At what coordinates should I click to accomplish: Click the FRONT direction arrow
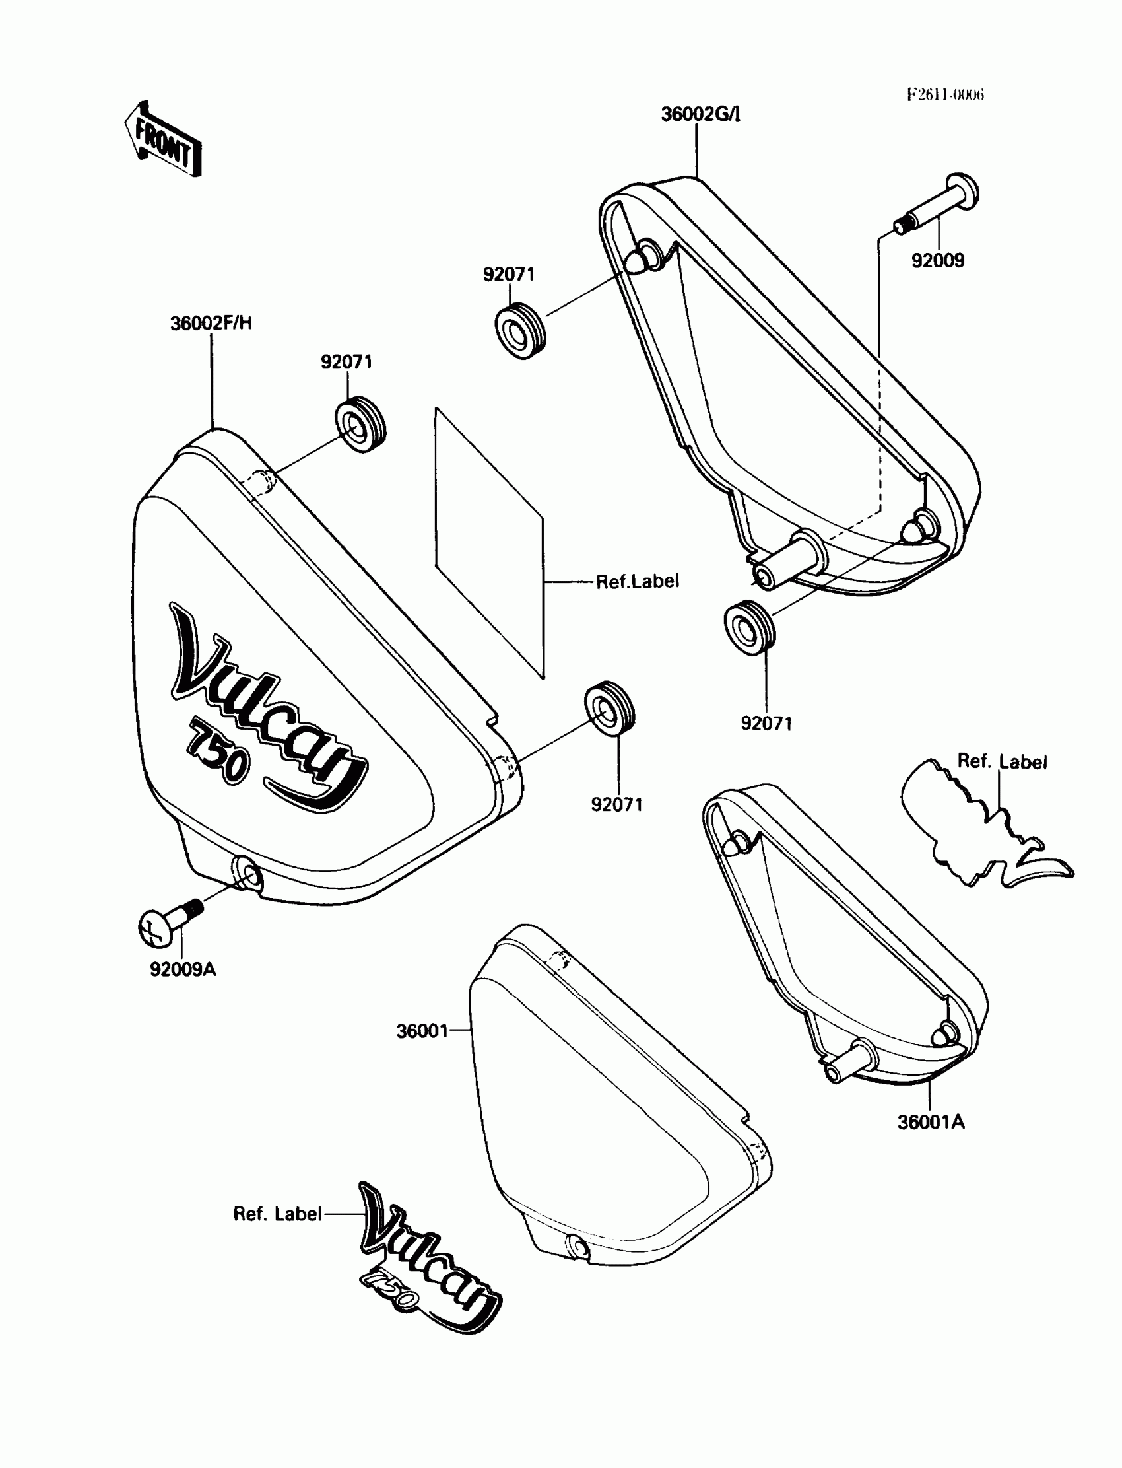[163, 139]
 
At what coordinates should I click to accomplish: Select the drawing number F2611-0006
[945, 94]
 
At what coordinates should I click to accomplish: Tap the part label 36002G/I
[700, 114]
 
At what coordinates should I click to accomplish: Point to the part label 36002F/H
[211, 324]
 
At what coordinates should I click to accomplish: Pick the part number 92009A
[182, 969]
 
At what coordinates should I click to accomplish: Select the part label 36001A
[931, 1122]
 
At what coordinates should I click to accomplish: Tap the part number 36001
[422, 1031]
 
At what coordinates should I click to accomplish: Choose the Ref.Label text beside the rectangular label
[637, 582]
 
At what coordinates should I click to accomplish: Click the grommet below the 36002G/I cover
[749, 627]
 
